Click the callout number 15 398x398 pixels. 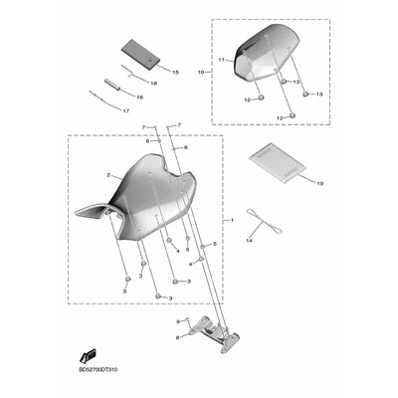point(174,73)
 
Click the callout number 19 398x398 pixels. point(293,184)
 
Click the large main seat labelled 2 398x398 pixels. point(149,199)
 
